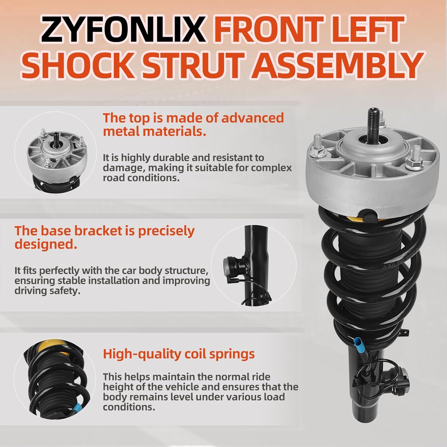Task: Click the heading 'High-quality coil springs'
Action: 179,354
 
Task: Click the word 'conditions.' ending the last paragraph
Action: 129,407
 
